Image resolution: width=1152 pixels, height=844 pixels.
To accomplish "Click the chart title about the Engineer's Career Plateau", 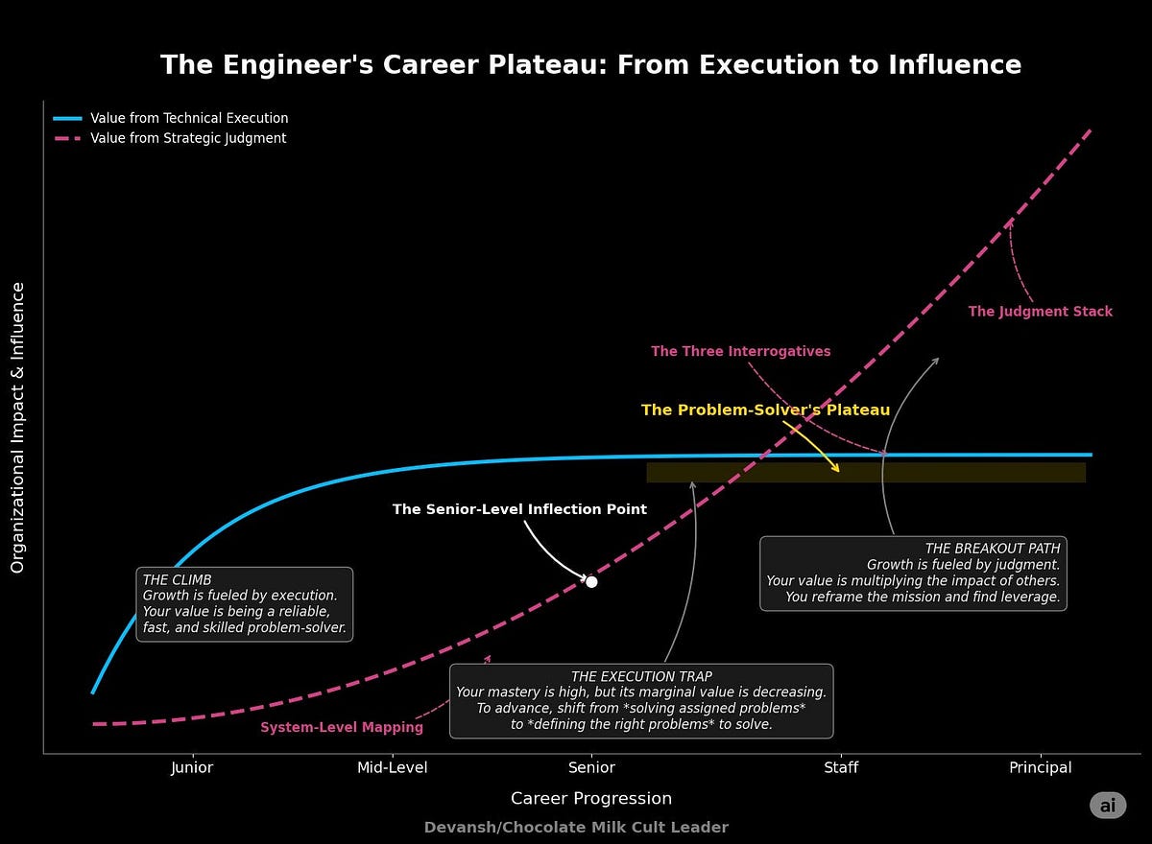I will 590,65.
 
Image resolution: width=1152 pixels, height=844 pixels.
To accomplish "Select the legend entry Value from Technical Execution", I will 189,118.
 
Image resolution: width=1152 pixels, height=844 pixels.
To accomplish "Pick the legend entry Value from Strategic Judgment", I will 188,138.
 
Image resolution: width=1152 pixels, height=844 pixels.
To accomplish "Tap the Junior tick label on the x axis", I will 192,767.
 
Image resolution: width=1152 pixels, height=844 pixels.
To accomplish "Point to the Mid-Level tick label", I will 392,767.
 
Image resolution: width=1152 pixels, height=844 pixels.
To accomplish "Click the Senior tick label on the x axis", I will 591,767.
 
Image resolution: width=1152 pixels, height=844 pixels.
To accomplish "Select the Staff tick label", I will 841,767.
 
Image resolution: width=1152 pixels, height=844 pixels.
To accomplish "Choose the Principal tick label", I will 1041,767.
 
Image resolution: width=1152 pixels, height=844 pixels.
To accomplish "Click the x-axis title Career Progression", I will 591,799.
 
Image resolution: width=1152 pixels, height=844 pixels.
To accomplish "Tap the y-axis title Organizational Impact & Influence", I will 17,428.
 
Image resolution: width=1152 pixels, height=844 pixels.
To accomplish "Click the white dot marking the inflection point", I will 591,582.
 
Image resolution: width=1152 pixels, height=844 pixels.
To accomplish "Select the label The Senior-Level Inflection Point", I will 519,509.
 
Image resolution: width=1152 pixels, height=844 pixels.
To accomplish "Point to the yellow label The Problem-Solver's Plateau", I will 765,410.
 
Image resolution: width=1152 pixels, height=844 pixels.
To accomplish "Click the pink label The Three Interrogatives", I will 740,352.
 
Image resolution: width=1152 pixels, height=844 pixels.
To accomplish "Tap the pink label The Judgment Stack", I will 1040,312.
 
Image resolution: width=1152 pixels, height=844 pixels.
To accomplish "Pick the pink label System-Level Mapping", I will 342,728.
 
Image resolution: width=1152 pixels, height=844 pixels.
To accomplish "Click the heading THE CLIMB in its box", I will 177,580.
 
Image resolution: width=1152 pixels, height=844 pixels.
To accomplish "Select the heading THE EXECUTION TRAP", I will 641,676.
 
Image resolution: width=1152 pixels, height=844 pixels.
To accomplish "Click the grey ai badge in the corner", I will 1107,806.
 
